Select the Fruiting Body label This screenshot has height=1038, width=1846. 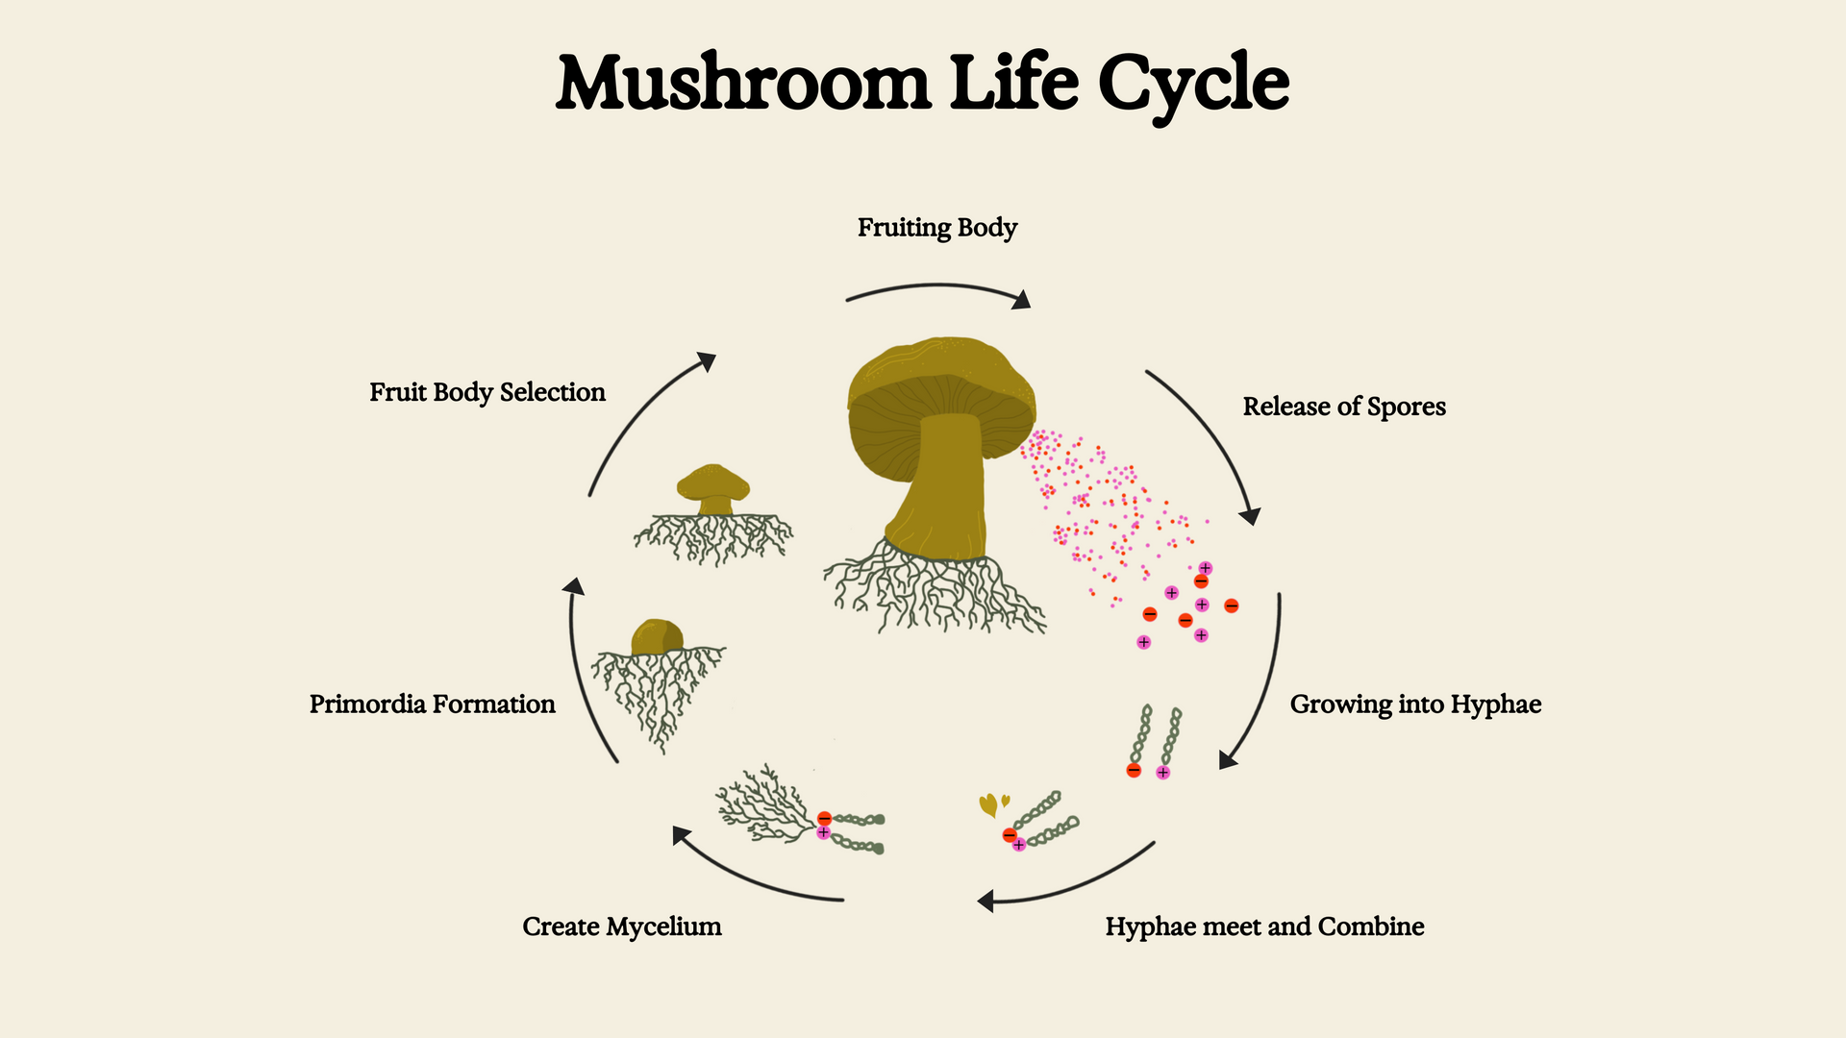click(x=936, y=228)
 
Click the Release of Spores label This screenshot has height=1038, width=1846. click(x=1343, y=407)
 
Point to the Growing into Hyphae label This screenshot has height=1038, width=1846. click(x=1415, y=704)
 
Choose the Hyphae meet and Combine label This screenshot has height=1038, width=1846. click(x=1264, y=927)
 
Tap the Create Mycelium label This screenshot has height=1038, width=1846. click(x=621, y=927)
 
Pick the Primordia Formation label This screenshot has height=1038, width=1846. click(x=432, y=704)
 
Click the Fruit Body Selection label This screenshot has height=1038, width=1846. click(x=486, y=392)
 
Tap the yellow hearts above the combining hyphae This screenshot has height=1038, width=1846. click(x=992, y=803)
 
